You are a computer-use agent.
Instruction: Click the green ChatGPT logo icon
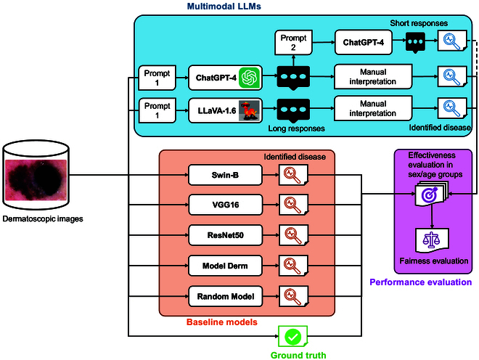[x=251, y=76]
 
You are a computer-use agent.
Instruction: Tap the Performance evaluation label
[x=421, y=282]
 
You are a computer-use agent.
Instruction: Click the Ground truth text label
[x=298, y=355]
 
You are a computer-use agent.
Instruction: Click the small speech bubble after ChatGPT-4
[x=417, y=44]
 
